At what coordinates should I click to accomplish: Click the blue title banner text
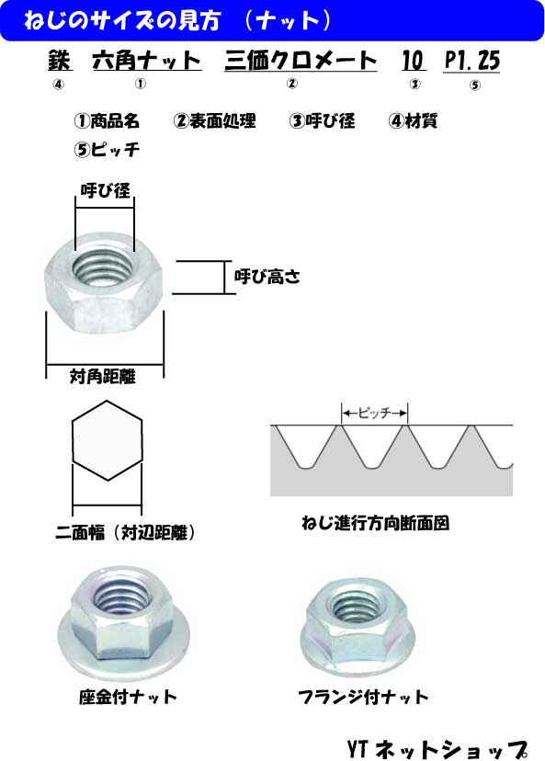click(x=177, y=20)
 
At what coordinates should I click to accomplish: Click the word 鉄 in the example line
click(x=60, y=60)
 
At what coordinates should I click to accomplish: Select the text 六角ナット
click(x=146, y=60)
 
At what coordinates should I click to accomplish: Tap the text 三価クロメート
click(x=301, y=60)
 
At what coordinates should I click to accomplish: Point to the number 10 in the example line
click(x=414, y=60)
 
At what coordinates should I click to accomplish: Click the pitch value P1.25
click(x=471, y=61)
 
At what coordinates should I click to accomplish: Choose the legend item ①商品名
click(x=107, y=120)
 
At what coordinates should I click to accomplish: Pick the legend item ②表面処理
click(x=214, y=120)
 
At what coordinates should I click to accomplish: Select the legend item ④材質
click(x=413, y=120)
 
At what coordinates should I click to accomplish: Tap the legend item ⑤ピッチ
click(x=107, y=149)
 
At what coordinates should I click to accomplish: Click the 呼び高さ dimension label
click(x=267, y=277)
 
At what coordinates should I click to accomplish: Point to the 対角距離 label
click(x=103, y=376)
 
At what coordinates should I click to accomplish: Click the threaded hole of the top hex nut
click(x=103, y=268)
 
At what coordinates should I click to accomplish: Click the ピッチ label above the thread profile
click(x=375, y=413)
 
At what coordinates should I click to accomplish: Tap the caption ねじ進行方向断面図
click(x=375, y=523)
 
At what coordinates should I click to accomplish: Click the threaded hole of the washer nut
click(x=119, y=598)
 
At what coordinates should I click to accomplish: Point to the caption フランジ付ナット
click(x=364, y=698)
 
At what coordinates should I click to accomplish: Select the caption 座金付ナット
click(x=128, y=698)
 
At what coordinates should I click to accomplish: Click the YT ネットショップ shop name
click(x=437, y=749)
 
